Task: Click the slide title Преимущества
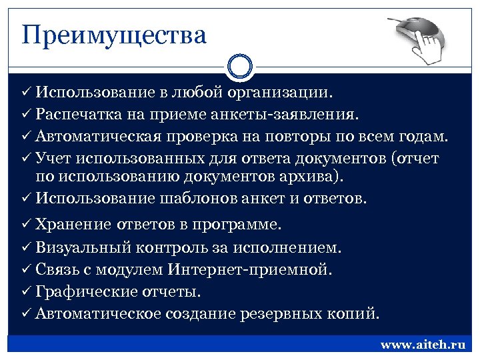point(114,34)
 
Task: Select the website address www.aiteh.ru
point(422,345)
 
